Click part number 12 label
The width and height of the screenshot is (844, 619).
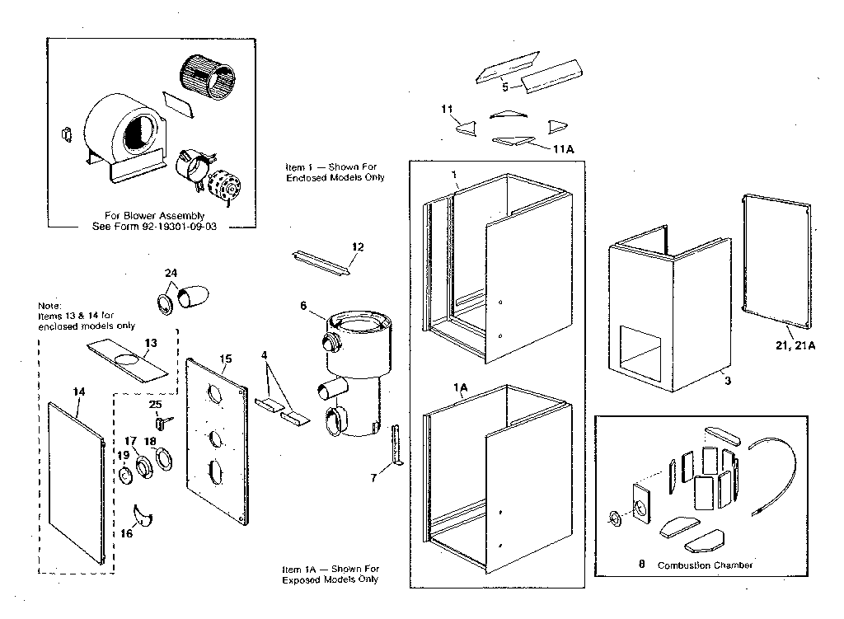[357, 247]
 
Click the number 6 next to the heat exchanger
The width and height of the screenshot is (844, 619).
[303, 305]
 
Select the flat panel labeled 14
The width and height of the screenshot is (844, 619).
[78, 486]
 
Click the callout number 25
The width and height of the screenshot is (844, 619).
[154, 405]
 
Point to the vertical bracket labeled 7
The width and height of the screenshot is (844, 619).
[395, 445]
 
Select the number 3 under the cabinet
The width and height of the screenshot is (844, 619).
[727, 380]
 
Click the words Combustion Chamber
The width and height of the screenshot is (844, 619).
[706, 565]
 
